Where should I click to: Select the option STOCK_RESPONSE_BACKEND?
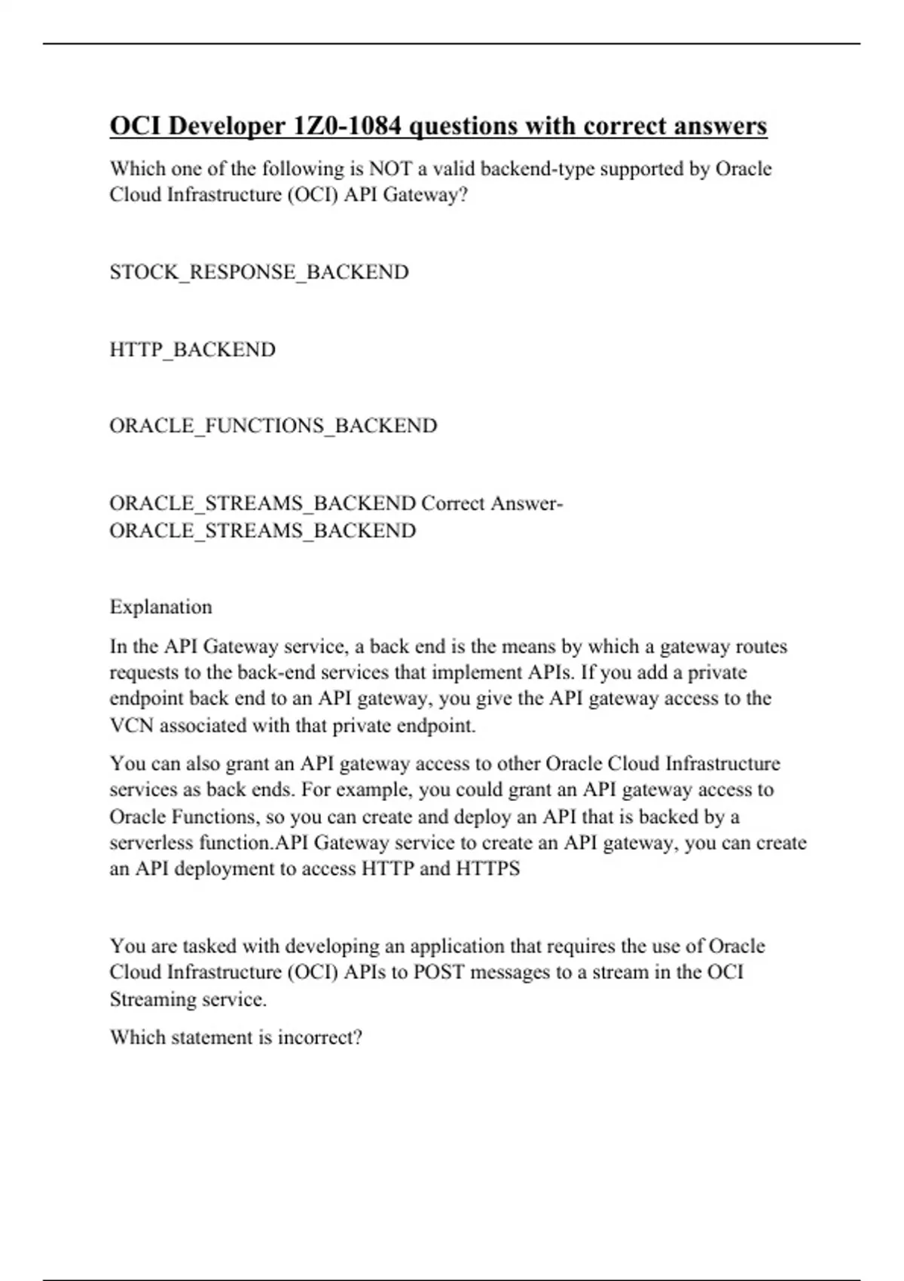(259, 272)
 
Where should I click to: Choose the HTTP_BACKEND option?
(193, 350)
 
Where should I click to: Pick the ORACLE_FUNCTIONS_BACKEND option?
(273, 426)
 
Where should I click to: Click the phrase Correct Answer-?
(492, 503)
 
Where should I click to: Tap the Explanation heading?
(161, 607)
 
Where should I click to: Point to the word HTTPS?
(488, 869)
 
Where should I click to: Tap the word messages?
(502, 972)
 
